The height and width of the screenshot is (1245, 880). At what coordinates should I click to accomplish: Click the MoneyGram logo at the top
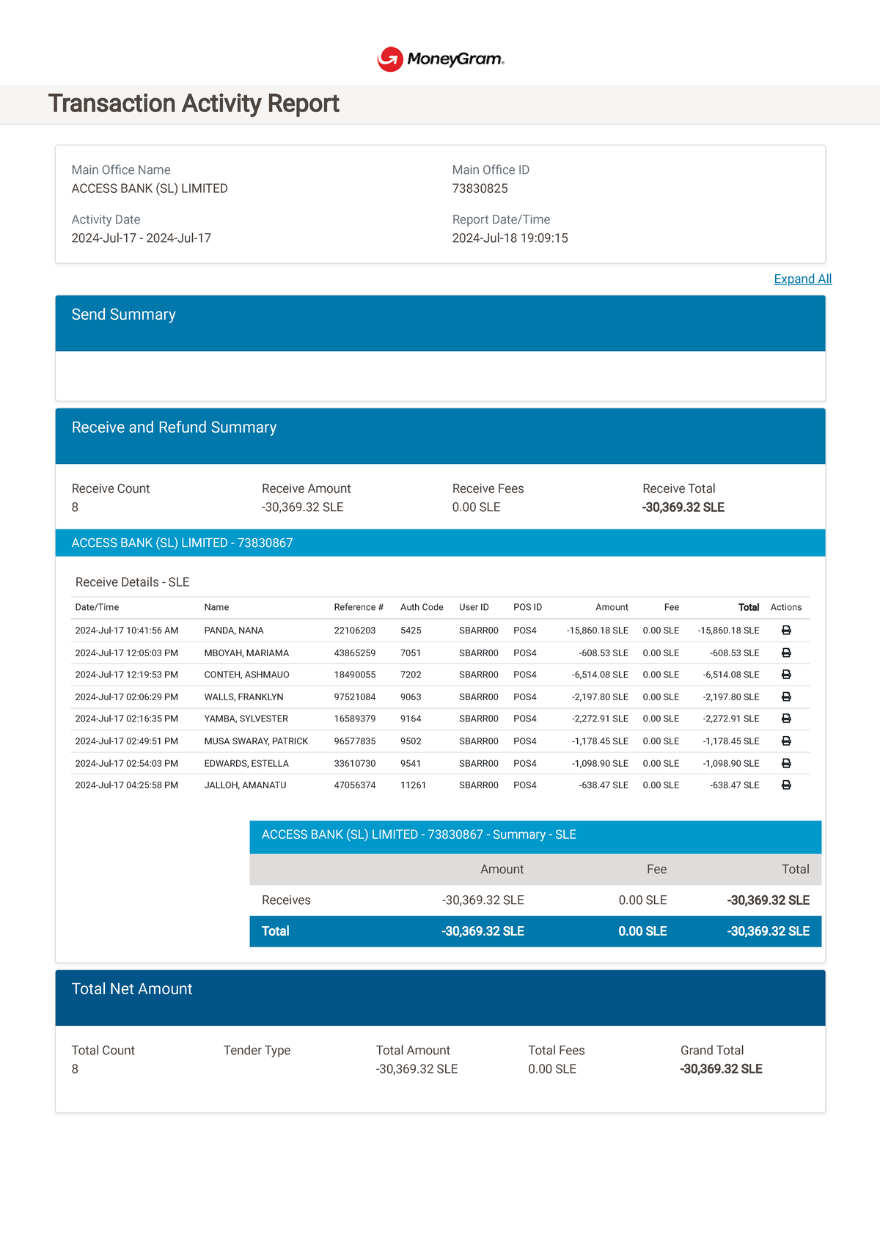tap(441, 59)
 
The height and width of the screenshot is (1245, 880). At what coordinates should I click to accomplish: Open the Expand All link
tap(802, 279)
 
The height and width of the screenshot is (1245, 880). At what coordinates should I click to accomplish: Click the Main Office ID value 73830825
tap(480, 188)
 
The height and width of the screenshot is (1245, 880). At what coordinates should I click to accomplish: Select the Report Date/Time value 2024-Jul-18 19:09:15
tap(510, 238)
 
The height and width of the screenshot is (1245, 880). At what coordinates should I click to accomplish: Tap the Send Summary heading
tap(123, 315)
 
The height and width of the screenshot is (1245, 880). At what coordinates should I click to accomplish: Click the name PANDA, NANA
tap(234, 631)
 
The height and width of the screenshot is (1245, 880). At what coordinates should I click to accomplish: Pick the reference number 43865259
tap(354, 653)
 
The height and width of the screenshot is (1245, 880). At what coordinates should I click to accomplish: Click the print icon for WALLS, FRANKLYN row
tap(786, 697)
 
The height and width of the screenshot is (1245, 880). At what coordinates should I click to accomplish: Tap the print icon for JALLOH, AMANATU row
tap(786, 785)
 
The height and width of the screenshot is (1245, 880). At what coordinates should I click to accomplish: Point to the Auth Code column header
tap(422, 607)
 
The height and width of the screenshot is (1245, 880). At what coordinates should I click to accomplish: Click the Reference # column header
tap(359, 607)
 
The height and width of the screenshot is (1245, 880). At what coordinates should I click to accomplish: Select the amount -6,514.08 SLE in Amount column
tap(600, 675)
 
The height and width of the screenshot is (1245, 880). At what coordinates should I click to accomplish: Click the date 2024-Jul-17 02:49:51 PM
tap(126, 741)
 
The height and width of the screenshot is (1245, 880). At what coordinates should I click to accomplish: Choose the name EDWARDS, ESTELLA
tap(246, 763)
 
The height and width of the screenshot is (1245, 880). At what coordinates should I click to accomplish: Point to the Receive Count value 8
tap(75, 507)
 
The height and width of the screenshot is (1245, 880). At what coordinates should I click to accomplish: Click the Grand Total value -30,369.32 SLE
tap(721, 1069)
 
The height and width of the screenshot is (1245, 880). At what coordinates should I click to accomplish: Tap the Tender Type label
tap(257, 1051)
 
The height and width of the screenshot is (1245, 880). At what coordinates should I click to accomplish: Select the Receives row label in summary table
tap(286, 900)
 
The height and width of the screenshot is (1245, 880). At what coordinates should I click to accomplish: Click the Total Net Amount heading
tap(132, 989)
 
